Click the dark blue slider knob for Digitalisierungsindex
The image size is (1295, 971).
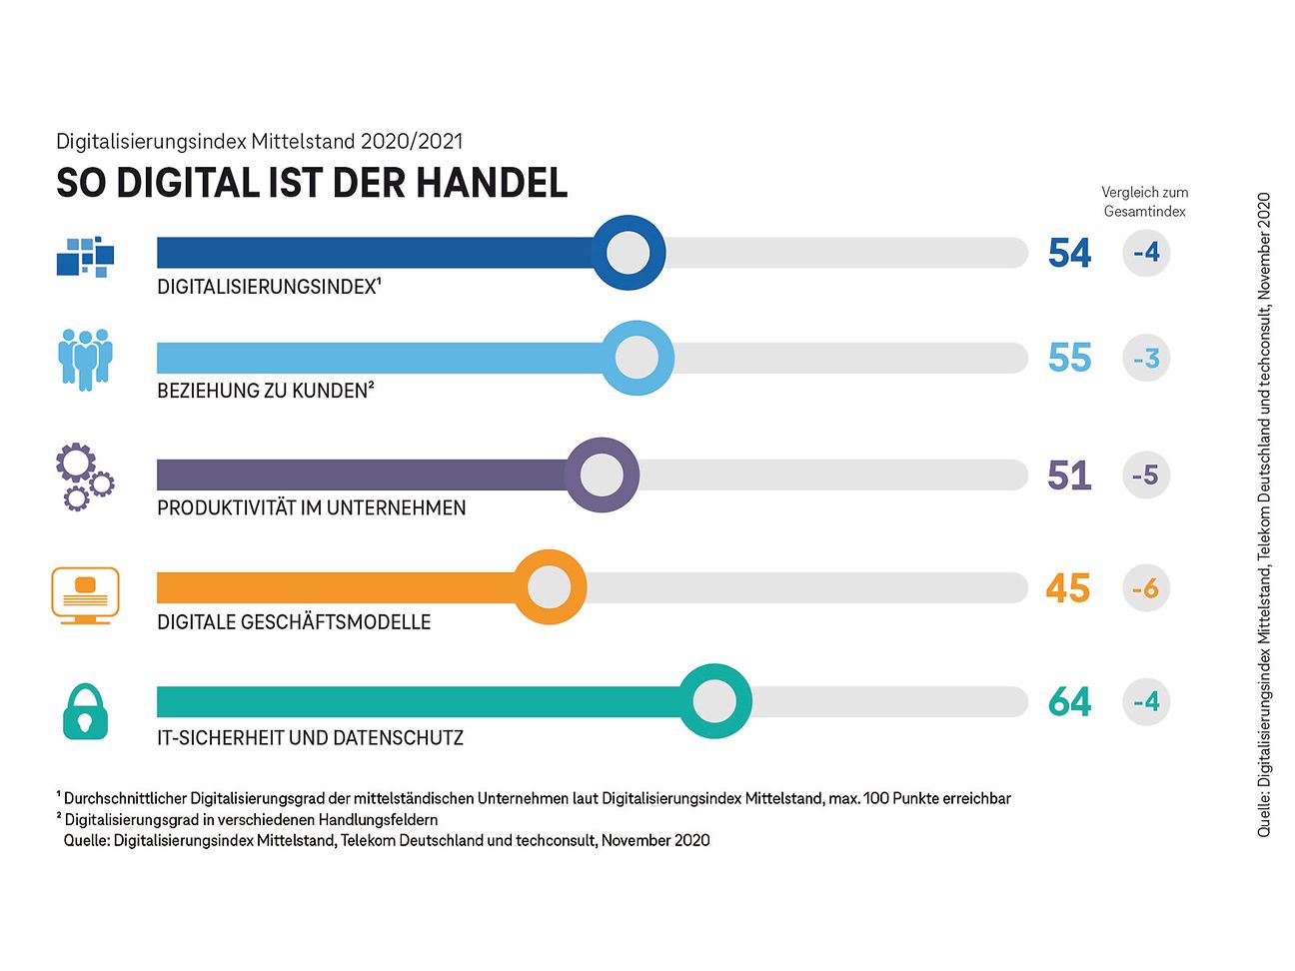[x=628, y=253]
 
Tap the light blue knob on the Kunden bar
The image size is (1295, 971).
[x=637, y=358]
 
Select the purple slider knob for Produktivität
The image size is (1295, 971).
[x=602, y=475]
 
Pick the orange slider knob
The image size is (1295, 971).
[x=549, y=587]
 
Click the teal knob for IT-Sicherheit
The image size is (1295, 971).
[x=714, y=701]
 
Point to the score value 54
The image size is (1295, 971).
[x=1069, y=253]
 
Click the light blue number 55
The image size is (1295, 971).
[x=1069, y=358]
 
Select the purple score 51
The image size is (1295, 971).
[x=1069, y=476]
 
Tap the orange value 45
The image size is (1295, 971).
[x=1068, y=588]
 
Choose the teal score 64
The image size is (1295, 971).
[x=1069, y=702]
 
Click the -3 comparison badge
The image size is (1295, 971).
[x=1146, y=358]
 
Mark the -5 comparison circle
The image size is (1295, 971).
[x=1146, y=476]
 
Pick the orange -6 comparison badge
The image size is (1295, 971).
[x=1146, y=588]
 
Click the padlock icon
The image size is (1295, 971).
[x=85, y=711]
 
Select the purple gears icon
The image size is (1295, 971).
[x=84, y=478]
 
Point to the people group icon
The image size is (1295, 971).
[x=85, y=359]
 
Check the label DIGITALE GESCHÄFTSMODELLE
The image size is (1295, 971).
[x=294, y=622]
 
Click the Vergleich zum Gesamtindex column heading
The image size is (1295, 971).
[x=1144, y=201]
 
